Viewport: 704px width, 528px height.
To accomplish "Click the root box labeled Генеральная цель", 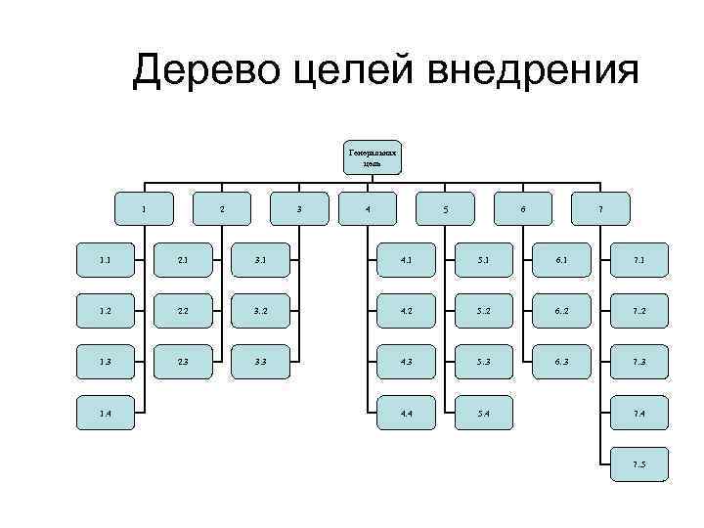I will (x=373, y=157).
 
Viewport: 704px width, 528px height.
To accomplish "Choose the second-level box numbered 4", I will (x=367, y=208).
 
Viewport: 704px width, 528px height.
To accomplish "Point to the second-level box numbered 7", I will (x=600, y=208).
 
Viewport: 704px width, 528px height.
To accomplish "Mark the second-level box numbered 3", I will (x=298, y=208).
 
